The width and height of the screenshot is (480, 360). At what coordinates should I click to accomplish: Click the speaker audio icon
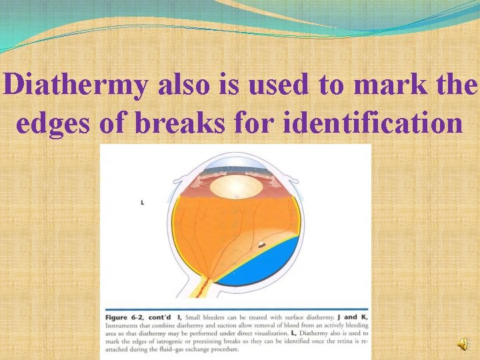pos(462,343)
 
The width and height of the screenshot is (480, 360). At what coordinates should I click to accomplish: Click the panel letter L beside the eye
pos(143,203)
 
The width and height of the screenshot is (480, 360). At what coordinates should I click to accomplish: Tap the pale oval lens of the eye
pos(237,185)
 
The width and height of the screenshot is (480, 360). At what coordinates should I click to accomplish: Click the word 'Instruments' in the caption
pos(123,325)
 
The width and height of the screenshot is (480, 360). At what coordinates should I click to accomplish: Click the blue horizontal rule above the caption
pos(237,309)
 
